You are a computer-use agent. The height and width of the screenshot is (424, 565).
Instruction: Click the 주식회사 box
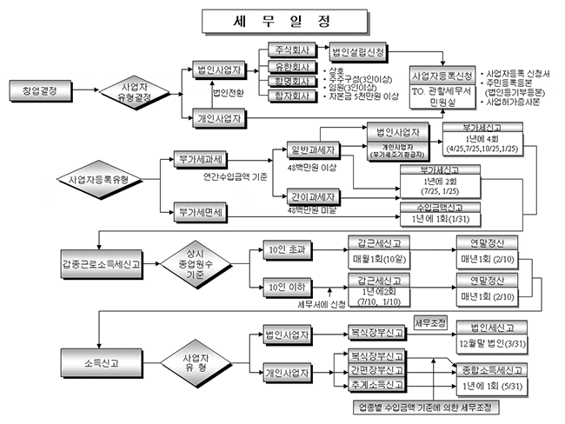click(291, 50)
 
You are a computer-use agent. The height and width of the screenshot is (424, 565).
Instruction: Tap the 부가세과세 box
click(201, 160)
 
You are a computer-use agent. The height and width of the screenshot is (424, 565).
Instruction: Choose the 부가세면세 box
click(201, 211)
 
